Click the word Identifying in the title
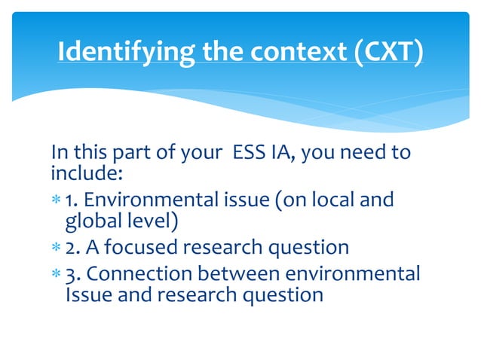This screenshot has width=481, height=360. pos(112,53)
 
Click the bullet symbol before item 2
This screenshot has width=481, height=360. pos(57,248)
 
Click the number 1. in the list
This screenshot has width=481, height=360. pos(72,201)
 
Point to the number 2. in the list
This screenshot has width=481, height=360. pos(73,247)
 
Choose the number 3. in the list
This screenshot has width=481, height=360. pos(73,272)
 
